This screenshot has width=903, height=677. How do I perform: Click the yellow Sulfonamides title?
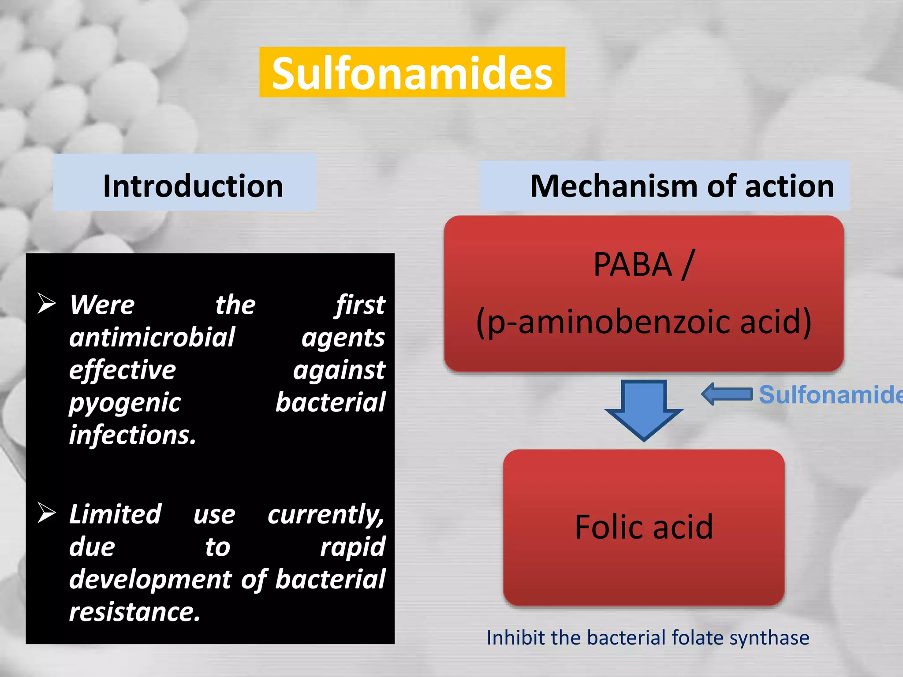pyautogui.click(x=412, y=73)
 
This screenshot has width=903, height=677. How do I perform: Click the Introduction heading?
pyautogui.click(x=193, y=186)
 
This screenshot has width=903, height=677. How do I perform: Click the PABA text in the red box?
pyautogui.click(x=632, y=264)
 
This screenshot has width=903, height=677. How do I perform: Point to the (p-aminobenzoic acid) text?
pyautogui.click(x=644, y=322)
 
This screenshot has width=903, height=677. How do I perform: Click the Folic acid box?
pyautogui.click(x=644, y=527)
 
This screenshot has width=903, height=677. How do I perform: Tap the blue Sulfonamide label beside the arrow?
pyautogui.click(x=829, y=394)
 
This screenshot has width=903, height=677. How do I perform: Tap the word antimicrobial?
pyautogui.click(x=152, y=337)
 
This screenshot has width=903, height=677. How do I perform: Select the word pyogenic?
pyautogui.click(x=125, y=402)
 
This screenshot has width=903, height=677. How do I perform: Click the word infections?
pyautogui.click(x=132, y=435)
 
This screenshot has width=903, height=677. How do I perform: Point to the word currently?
pyautogui.click(x=325, y=514)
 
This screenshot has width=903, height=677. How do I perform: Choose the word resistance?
pyautogui.click(x=134, y=612)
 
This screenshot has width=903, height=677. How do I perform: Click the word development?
pyautogui.click(x=150, y=579)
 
